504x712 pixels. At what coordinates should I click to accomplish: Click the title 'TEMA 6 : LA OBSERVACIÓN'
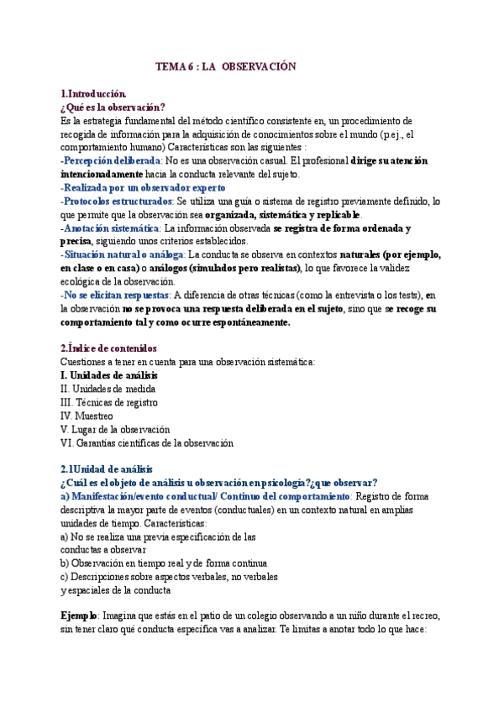(227, 66)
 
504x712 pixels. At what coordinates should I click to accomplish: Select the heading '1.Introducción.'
(93, 95)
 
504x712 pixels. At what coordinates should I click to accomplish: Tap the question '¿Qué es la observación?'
(113, 107)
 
